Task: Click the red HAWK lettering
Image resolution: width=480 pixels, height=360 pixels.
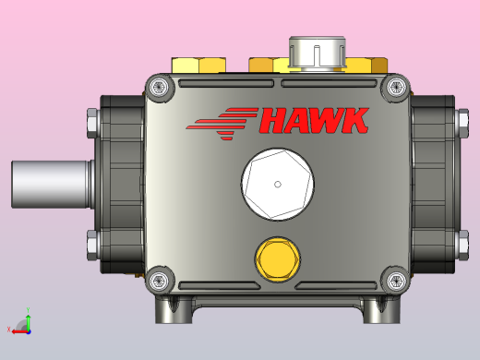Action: [x=314, y=120]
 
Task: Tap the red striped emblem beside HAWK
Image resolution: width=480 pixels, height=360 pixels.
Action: [x=222, y=124]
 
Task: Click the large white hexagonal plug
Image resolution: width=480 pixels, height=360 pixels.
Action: [x=278, y=185]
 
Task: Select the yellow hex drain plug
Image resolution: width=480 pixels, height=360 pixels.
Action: [x=278, y=259]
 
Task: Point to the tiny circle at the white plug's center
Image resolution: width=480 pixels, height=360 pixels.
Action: [x=278, y=185]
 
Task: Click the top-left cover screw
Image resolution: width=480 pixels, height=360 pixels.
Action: [x=159, y=87]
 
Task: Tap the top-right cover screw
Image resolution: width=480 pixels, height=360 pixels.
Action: [x=396, y=87]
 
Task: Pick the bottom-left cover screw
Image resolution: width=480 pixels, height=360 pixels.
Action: [x=159, y=281]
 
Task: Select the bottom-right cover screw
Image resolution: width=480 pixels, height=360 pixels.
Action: [x=396, y=281]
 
